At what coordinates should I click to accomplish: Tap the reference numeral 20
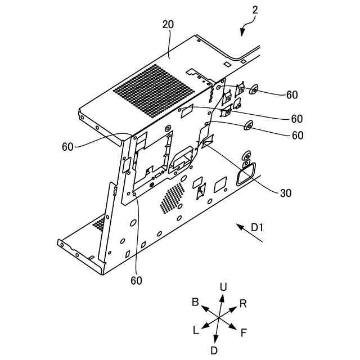[x=168, y=24]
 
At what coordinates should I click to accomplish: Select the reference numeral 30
[x=286, y=192]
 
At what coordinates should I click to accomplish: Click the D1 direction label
[x=258, y=227]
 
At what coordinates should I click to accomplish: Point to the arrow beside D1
[x=249, y=233]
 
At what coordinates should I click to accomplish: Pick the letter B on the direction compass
[x=195, y=302]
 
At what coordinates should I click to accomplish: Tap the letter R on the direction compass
[x=243, y=304]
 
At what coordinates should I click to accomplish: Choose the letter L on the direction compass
[x=196, y=330]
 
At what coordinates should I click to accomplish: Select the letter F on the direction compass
[x=244, y=332]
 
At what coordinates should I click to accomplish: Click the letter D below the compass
[x=214, y=350]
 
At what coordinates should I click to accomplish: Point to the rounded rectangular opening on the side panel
[x=245, y=174]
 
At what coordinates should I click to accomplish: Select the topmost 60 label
[x=291, y=95]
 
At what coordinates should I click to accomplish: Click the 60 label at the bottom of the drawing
[x=137, y=280]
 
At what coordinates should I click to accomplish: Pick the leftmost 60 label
[x=67, y=147]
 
